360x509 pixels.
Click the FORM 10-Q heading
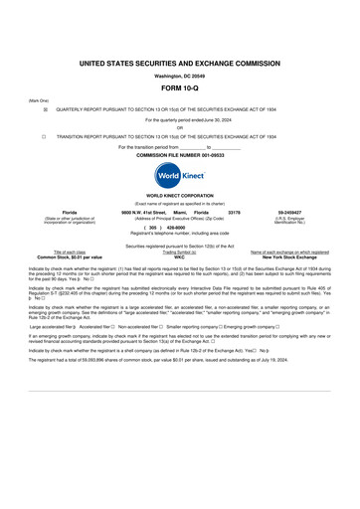tap(179, 87)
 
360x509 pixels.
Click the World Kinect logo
tap(179, 174)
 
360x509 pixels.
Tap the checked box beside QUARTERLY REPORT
tap(45, 109)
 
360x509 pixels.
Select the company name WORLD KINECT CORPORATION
tap(179, 196)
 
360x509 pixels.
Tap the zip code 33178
tap(235, 213)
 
